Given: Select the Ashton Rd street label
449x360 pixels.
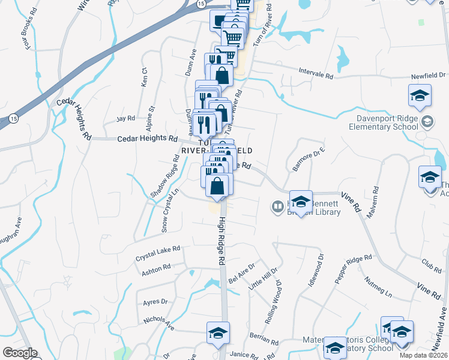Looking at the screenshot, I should click(156, 269).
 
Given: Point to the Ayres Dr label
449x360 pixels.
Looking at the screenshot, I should click(155, 301).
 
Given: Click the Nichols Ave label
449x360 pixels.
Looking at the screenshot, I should click(159, 324).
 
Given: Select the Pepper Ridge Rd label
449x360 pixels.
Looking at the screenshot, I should click(354, 269).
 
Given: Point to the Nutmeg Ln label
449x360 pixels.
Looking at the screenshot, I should click(379, 287).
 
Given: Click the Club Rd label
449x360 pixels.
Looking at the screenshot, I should click(431, 265).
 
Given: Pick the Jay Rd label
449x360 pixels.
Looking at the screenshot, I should click(125, 118).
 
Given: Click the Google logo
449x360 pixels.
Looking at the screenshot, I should click(20, 353).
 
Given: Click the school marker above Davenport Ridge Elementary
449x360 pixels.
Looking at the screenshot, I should click(420, 95).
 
